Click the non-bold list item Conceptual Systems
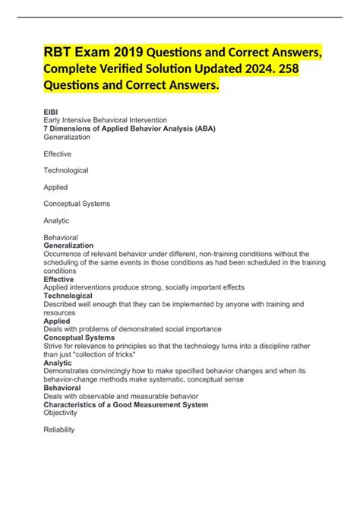77,204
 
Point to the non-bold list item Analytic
58,220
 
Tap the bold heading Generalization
68,245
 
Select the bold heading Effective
59,279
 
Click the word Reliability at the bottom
59,429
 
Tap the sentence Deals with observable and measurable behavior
121,396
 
